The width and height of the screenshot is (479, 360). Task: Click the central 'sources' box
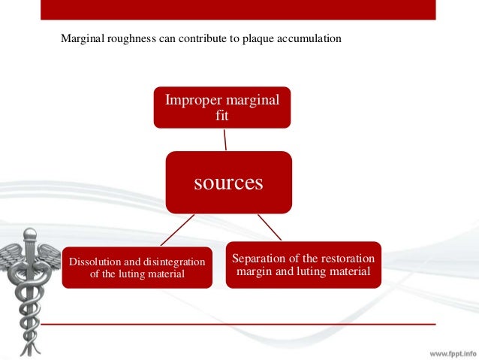click(x=228, y=183)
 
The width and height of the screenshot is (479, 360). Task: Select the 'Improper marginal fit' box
click(x=222, y=107)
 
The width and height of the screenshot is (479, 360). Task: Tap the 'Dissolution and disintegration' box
click(x=137, y=268)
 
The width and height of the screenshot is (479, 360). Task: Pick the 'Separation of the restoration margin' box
click(x=303, y=264)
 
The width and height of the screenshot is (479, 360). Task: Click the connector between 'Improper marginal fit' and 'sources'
click(x=225, y=139)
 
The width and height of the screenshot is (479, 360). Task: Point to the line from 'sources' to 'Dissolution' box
click(x=178, y=229)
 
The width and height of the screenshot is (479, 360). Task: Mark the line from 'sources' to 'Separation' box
click(x=270, y=227)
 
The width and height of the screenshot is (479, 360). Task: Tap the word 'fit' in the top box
click(x=222, y=116)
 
